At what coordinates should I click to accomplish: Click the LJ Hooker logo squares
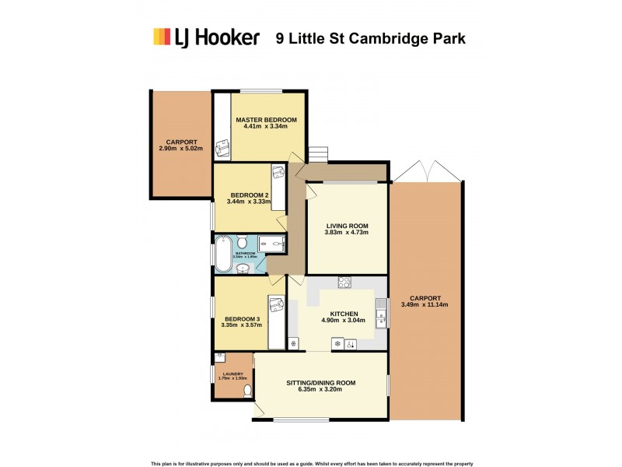click(x=162, y=37)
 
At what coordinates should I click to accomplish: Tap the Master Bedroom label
click(x=267, y=119)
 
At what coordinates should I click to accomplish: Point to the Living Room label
click(x=347, y=226)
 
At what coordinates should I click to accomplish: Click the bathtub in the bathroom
click(x=224, y=253)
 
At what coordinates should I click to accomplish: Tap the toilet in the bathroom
click(x=242, y=238)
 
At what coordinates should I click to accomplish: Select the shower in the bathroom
click(x=274, y=244)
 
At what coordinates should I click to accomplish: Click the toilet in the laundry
click(x=247, y=390)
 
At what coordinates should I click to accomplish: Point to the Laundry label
click(x=233, y=374)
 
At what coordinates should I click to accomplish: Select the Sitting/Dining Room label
click(x=321, y=382)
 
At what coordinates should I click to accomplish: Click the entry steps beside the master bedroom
click(x=318, y=154)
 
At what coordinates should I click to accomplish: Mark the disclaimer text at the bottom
click(x=311, y=461)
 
